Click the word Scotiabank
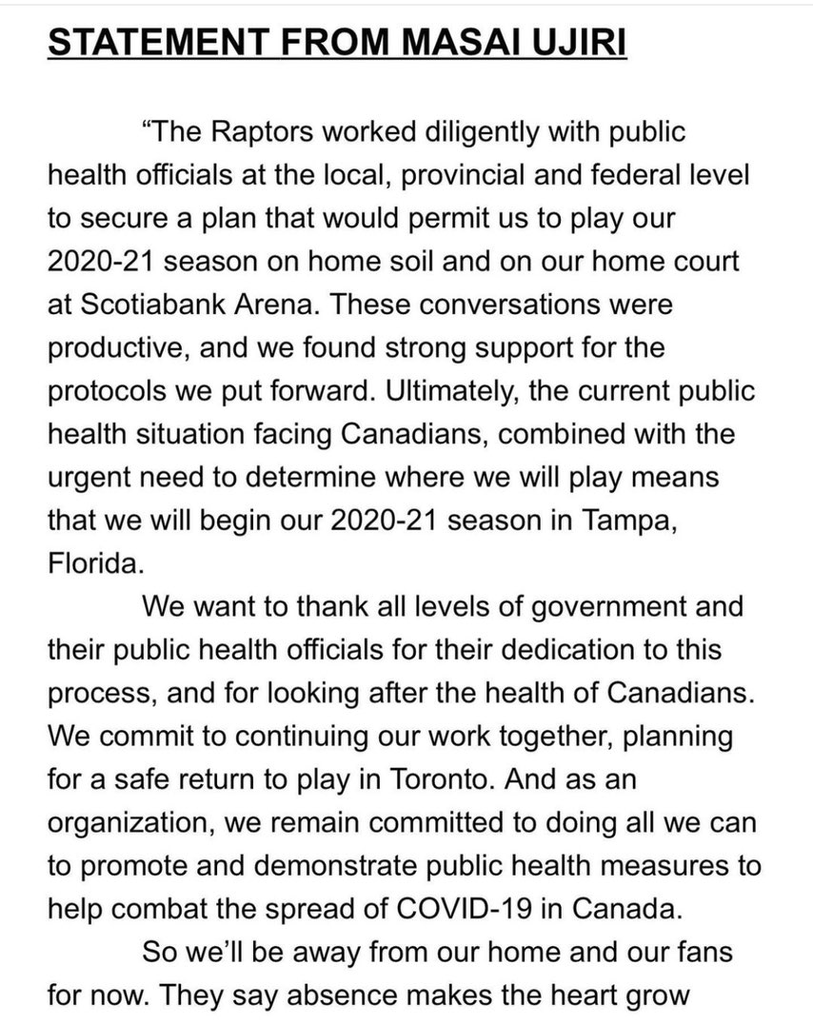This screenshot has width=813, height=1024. [157, 305]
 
